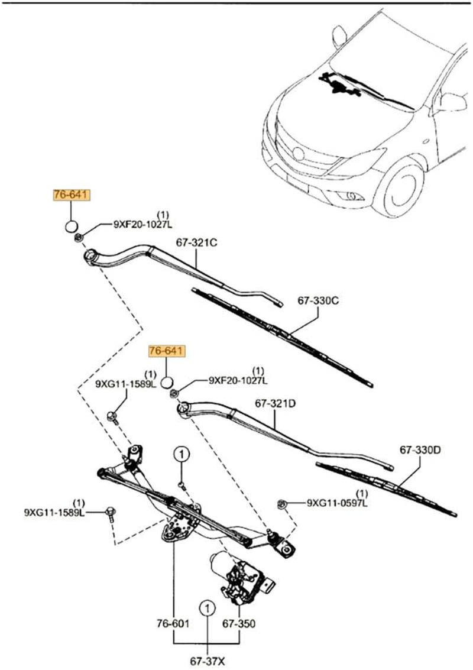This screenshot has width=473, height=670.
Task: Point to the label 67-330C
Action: (x=318, y=301)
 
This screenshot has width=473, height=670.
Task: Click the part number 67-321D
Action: (x=275, y=404)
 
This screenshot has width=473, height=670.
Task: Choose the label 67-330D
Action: (x=420, y=450)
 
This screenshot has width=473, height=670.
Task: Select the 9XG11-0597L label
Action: (x=336, y=503)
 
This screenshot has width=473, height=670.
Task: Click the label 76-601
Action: (x=173, y=623)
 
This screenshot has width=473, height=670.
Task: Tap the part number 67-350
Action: (x=238, y=623)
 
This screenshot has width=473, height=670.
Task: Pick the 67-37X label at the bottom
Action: (x=207, y=661)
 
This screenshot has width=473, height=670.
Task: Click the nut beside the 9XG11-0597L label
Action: (x=282, y=504)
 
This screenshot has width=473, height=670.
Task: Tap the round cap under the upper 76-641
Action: (x=70, y=226)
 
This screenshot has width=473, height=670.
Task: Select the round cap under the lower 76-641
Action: (x=167, y=381)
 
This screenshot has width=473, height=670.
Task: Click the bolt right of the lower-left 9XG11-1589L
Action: (x=109, y=512)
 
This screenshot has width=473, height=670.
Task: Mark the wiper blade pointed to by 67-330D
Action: (x=384, y=488)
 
